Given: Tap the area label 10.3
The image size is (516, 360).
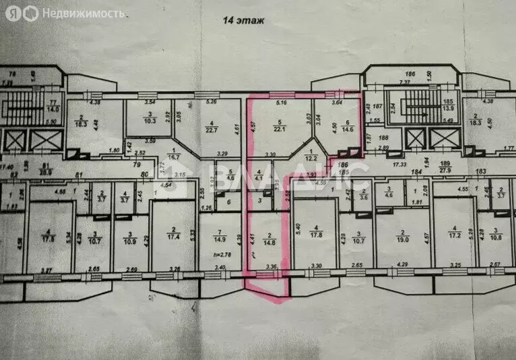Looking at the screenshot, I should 151,119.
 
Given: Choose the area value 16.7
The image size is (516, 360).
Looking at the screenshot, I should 176,156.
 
